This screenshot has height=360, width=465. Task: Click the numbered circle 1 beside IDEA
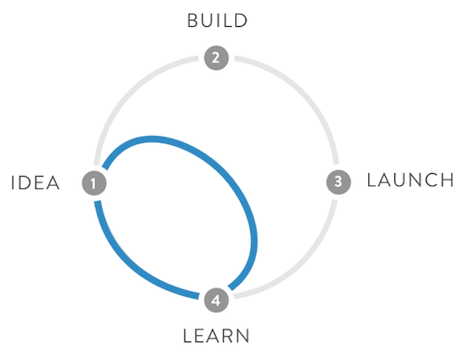tap(94, 182)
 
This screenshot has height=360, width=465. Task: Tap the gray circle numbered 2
tap(216, 58)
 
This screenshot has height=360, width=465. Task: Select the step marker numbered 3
tap(339, 181)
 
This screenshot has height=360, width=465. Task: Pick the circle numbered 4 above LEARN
tap(216, 300)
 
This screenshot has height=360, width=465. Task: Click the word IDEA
tap(35, 183)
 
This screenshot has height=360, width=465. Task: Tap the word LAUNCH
tap(409, 180)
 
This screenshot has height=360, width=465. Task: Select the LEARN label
tap(216, 335)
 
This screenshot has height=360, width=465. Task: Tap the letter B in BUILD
tap(191, 20)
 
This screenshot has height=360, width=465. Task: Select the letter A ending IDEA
tap(53, 183)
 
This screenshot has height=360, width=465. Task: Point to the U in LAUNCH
tap(398, 180)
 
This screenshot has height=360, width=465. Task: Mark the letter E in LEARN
tap(199, 335)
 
